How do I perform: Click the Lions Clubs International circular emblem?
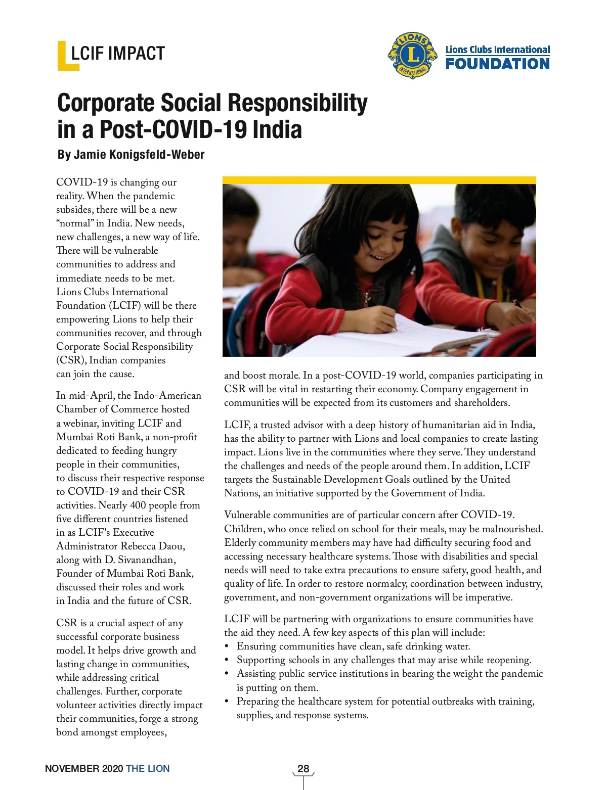[412, 56]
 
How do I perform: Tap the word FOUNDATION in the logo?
[497, 64]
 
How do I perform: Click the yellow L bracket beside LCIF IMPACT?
[63, 56]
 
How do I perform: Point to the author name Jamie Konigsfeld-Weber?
[139, 155]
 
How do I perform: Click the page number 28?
[303, 768]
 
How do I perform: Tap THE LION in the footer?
[148, 768]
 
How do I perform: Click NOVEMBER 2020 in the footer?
[84, 768]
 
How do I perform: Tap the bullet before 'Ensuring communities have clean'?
[227, 646]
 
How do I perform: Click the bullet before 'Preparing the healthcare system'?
[227, 702]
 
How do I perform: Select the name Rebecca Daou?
[153, 546]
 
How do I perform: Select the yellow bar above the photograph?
[379, 180]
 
